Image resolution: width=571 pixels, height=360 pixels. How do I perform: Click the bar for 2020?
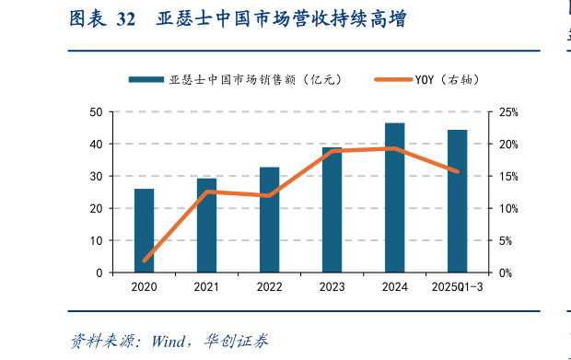[x=144, y=230]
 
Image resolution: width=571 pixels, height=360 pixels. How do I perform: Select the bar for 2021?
[x=206, y=225]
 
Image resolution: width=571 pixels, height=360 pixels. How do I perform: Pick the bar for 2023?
[x=332, y=210]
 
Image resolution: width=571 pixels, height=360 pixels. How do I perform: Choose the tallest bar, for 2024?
[x=394, y=197]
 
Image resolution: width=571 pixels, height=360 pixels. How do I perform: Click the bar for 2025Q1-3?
[x=457, y=201]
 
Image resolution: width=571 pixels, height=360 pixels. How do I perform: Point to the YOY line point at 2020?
[x=145, y=261]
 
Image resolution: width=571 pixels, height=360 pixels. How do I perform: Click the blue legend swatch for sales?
[x=146, y=80]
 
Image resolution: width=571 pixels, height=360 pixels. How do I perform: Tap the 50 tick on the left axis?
[x=96, y=112]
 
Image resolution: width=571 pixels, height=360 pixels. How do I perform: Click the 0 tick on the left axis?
[x=99, y=273]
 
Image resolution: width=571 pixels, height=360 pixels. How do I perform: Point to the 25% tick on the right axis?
[x=508, y=112]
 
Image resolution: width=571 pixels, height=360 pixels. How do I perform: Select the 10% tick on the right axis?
[x=508, y=209]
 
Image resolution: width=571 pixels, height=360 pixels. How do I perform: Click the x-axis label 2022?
[x=269, y=287]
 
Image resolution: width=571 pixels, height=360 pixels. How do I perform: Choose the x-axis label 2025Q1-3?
[x=458, y=287]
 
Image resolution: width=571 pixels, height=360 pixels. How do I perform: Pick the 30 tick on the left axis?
[x=96, y=177]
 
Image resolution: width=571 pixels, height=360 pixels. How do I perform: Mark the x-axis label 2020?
[x=144, y=287]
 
